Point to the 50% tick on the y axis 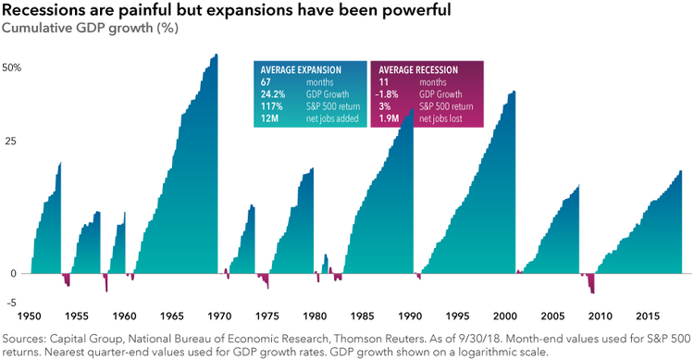[11, 68]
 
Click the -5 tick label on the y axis [11, 302]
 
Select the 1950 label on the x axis [31, 315]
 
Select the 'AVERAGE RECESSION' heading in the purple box [415, 70]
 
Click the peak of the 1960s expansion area [216, 55]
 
